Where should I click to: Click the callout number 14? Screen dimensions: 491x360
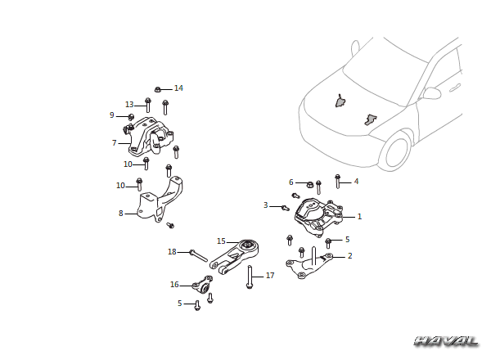tap(178, 88)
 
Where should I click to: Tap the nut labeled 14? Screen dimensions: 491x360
tap(158, 89)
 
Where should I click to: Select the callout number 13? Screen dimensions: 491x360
tap(129, 105)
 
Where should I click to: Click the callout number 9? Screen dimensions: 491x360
tap(112, 115)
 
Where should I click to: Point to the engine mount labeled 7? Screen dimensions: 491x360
tap(151, 137)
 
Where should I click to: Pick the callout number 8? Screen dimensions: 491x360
tap(121, 214)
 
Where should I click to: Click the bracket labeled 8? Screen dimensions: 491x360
tap(160, 200)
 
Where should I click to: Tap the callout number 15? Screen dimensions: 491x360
tap(221, 241)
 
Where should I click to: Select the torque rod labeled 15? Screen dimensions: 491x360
tap(235, 257)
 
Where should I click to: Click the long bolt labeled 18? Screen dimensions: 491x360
tap(198, 255)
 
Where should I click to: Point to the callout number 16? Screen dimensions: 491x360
tap(174, 285)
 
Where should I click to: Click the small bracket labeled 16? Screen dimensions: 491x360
tap(203, 284)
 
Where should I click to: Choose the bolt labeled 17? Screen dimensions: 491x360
tap(250, 277)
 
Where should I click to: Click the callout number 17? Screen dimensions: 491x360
tap(270, 276)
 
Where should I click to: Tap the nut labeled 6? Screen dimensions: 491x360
tap(309, 184)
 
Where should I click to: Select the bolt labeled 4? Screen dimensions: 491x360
tap(337, 182)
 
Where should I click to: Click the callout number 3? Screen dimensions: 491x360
tap(265, 205)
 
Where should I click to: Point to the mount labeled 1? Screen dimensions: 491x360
tap(319, 217)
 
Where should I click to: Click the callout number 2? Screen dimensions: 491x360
tap(349, 256)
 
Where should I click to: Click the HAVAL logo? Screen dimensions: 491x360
tap(446, 341)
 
